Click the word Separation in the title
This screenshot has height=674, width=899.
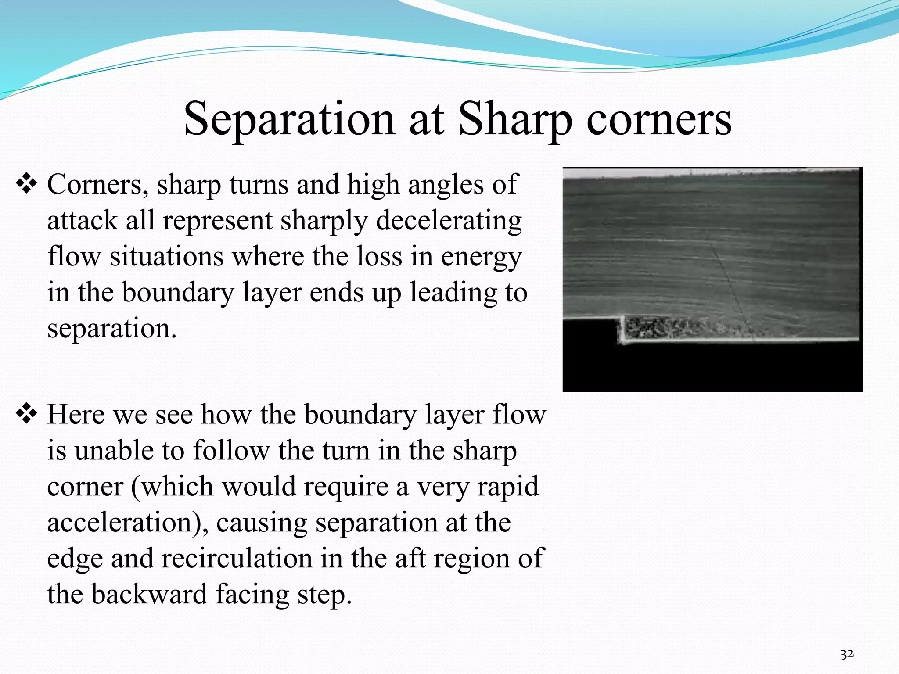click(289, 119)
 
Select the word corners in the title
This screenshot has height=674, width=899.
click(659, 119)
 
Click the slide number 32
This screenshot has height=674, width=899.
click(846, 654)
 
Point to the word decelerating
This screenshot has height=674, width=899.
click(449, 220)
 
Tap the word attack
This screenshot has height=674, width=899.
click(82, 220)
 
